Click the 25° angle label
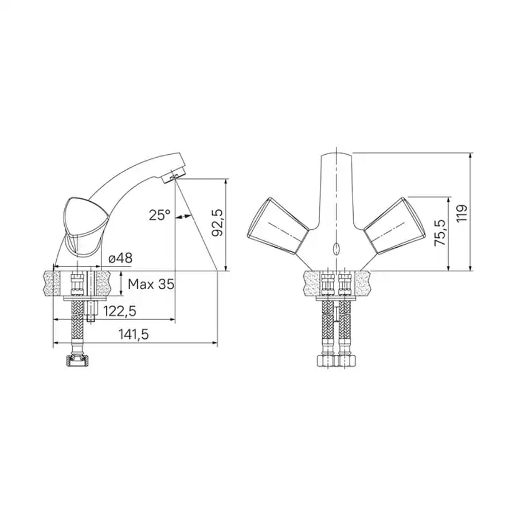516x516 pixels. [159, 215]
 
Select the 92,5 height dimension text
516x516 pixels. [217, 222]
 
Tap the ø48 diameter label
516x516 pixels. [120, 258]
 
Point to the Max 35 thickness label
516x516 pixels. [151, 284]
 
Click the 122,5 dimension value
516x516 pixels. [120, 311]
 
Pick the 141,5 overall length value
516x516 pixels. [134, 334]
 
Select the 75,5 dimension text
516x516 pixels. [440, 233]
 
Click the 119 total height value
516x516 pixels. [462, 213]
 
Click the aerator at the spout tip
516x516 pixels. [173, 175]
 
